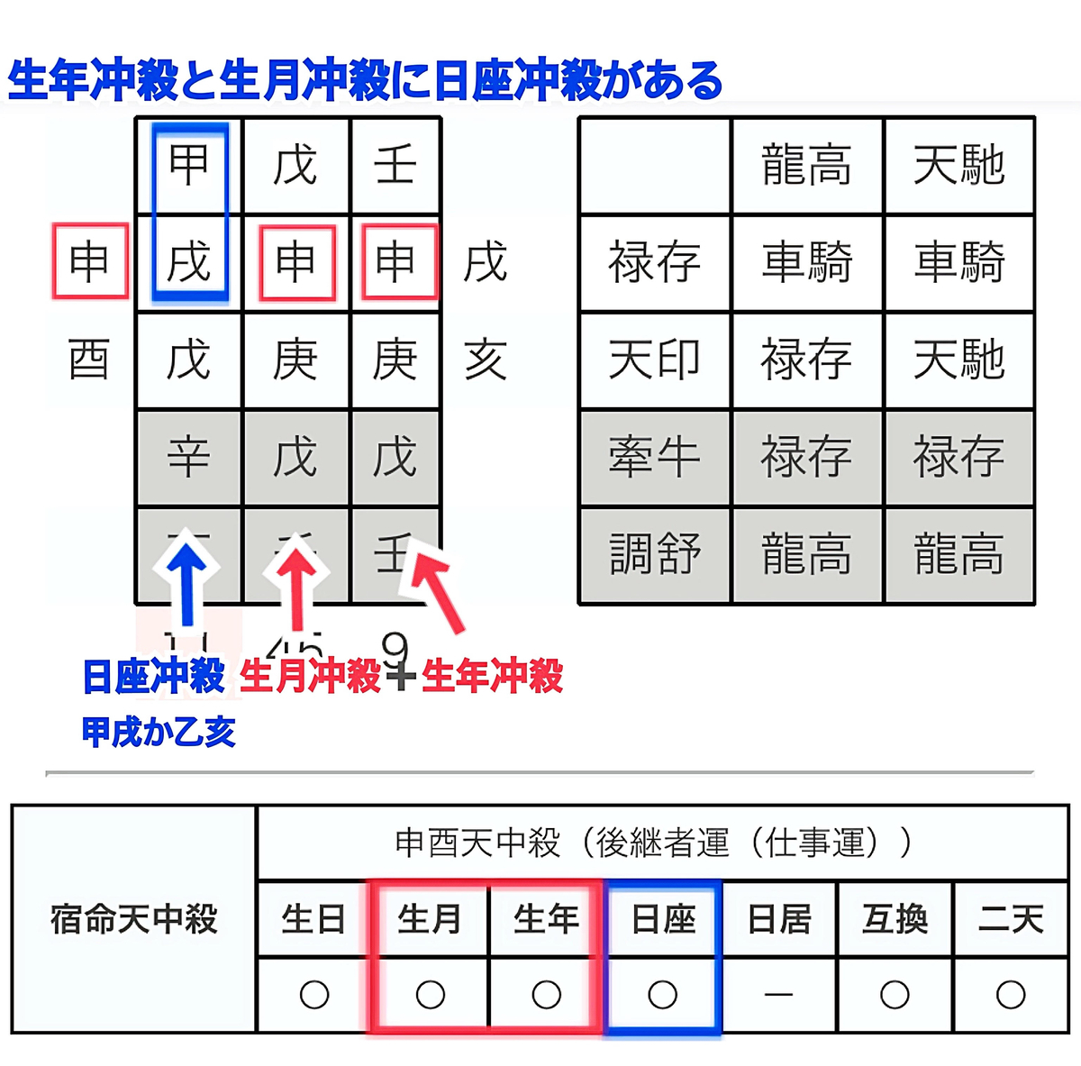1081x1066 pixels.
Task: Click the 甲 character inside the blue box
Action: tap(189, 165)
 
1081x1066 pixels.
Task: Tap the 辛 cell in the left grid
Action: tap(189, 457)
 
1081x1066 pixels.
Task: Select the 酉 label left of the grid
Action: tap(89, 360)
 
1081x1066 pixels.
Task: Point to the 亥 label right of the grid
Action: tap(486, 360)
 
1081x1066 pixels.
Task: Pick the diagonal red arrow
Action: tap(439, 590)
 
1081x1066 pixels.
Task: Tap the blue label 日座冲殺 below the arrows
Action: tap(153, 677)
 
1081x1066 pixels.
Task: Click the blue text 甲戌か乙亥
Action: tap(159, 732)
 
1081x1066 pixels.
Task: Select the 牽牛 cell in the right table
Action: tap(654, 457)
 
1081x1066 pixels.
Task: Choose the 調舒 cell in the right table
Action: tap(654, 553)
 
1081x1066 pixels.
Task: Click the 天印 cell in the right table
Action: tap(654, 360)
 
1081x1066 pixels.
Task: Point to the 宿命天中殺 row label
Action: tap(134, 919)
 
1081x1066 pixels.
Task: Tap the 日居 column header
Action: tap(779, 919)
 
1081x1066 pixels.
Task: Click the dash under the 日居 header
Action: tap(778, 995)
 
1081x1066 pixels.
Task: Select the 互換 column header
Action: tap(895, 919)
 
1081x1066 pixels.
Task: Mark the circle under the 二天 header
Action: tap(1011, 995)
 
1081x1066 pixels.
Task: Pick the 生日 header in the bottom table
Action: tap(313, 919)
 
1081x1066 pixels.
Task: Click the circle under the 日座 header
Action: tap(663, 995)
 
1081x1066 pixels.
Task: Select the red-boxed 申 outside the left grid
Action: tap(89, 261)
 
